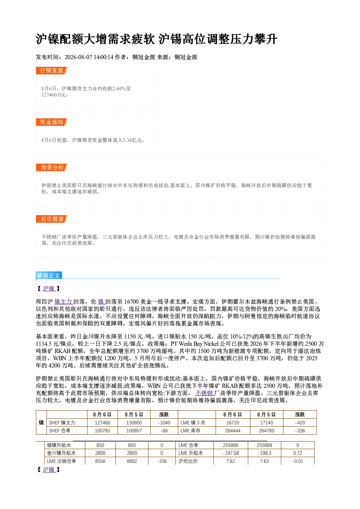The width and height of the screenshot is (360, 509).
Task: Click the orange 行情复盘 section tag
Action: (52, 70)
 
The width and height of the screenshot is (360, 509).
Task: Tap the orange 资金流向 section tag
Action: (52, 122)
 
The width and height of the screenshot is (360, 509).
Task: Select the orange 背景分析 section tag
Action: (52, 168)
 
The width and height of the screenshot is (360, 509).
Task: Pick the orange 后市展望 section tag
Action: (52, 219)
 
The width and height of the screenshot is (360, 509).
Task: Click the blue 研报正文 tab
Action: (49, 275)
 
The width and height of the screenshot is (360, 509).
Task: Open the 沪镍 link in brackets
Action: (49, 288)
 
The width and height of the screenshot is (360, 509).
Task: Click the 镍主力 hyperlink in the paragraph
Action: (64, 301)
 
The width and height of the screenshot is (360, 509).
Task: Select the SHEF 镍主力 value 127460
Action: (102, 423)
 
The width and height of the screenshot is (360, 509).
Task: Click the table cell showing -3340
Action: (164, 423)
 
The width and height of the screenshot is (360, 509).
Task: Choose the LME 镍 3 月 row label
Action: (193, 423)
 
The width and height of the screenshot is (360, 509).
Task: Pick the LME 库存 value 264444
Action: (233, 431)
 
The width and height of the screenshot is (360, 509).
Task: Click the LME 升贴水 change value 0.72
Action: (298, 453)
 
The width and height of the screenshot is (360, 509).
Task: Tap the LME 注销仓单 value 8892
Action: (132, 461)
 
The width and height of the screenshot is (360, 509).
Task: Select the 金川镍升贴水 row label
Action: (61, 453)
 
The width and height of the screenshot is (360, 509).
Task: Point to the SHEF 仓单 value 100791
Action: (102, 431)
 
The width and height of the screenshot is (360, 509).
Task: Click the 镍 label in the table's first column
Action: (41, 422)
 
